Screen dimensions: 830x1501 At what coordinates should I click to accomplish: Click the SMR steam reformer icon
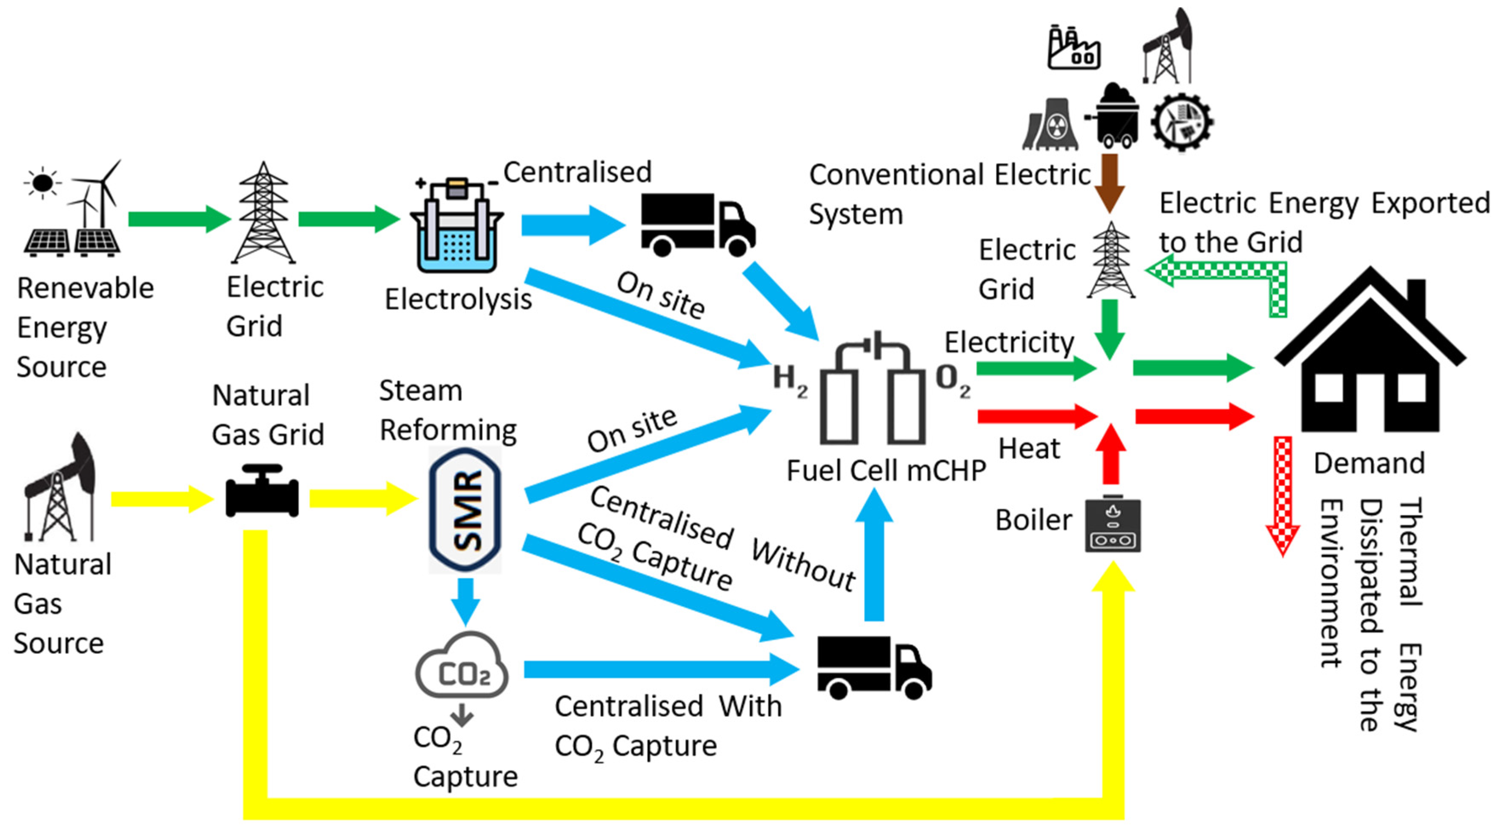tap(465, 510)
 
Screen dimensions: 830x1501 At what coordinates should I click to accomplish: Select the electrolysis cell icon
tap(456, 227)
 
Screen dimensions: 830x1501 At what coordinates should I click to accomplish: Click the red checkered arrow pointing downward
tap(1282, 495)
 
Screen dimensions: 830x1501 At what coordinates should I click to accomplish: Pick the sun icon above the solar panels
tap(42, 183)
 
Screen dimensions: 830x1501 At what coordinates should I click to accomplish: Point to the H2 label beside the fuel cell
tap(790, 381)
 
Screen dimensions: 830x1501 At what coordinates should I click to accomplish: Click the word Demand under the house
tap(1369, 464)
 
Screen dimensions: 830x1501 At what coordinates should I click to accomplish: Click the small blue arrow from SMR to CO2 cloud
tap(465, 600)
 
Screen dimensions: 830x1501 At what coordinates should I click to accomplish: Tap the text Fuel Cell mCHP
tap(886, 470)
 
